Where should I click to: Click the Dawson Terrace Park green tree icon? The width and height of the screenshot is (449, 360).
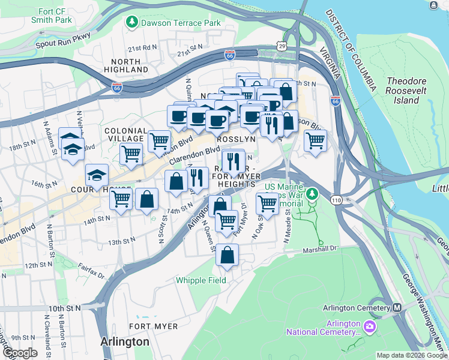(131, 22)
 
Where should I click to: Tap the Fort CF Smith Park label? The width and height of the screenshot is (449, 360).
(51, 14)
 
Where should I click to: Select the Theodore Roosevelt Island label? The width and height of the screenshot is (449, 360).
(406, 91)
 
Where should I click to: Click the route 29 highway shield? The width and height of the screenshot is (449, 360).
(282, 46)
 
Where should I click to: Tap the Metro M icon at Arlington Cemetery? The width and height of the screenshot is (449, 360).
(397, 308)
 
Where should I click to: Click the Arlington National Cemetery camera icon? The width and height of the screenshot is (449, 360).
(370, 326)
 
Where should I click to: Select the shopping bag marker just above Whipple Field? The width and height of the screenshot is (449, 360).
(228, 255)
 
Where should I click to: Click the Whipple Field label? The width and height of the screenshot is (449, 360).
(200, 280)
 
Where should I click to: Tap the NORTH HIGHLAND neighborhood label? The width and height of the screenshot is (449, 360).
(125, 66)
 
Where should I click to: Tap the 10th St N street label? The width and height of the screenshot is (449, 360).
(64, 308)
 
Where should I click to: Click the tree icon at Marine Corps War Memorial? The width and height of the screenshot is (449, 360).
(312, 194)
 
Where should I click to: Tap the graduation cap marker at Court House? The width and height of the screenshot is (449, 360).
(97, 175)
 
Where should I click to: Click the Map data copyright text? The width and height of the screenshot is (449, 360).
(411, 355)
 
